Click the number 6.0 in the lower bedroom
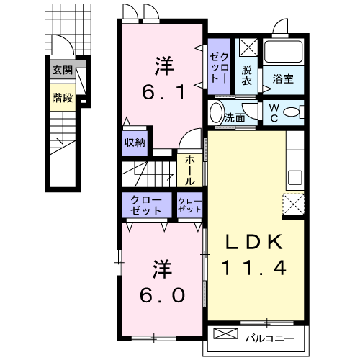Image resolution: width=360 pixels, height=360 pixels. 164,294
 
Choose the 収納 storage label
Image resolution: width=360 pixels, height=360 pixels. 135,142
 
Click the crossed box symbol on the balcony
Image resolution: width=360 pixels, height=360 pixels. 225,335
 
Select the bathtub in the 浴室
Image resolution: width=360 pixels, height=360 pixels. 285,52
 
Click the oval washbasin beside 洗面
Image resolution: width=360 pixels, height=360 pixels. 215,114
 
